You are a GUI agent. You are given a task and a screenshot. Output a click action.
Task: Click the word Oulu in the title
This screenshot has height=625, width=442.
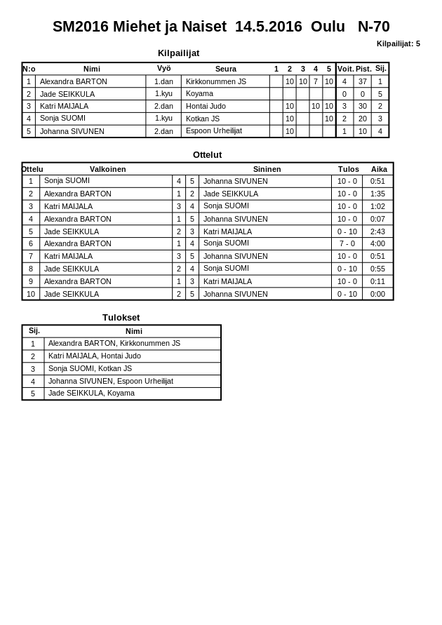pos(328,27)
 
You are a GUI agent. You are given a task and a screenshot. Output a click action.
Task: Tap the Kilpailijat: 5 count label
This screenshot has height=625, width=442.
pos(398,43)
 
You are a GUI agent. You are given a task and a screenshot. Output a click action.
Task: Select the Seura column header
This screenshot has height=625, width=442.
pos(225,69)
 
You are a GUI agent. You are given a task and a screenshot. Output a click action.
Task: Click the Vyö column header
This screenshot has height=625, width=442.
pos(163,69)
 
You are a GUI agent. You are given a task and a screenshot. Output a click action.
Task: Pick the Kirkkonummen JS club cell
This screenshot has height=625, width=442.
pos(215,81)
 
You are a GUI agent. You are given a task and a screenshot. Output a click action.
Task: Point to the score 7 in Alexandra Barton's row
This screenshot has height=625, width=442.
pos(315,81)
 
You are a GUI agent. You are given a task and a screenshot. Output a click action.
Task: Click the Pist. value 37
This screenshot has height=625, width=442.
pos(362,81)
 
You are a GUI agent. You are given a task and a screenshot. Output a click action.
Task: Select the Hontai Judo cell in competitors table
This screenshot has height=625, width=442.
pos(206,106)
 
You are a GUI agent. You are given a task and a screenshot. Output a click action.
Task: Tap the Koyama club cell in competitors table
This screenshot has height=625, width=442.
pos(199,93)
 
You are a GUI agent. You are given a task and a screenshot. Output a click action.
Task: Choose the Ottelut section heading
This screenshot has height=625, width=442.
pos(207,155)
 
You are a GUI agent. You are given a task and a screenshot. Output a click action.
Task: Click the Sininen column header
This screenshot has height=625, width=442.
pos(267,169)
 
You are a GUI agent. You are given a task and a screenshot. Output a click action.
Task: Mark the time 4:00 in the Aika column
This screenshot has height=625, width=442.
pos(377,243)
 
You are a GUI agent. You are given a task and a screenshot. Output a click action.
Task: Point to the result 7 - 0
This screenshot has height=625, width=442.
pos(347,243)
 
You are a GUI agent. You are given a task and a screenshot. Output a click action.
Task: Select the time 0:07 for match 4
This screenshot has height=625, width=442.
pos(377,219)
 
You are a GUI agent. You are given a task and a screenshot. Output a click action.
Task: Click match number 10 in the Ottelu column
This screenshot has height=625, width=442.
pos(31,294)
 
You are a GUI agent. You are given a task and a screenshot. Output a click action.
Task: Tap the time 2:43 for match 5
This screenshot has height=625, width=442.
pos(377,231)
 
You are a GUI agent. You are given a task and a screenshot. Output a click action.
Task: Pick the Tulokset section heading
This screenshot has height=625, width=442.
pos(121,317)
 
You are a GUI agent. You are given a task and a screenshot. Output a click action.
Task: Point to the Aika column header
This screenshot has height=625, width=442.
pos(379,169)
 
